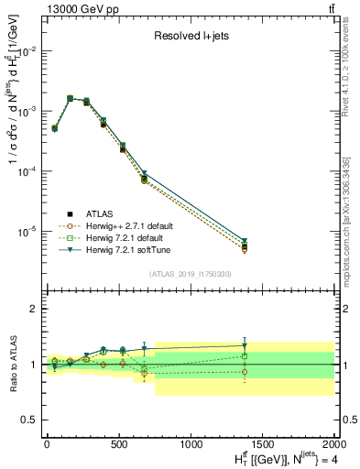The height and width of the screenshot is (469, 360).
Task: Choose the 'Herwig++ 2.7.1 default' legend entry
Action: tap(125, 225)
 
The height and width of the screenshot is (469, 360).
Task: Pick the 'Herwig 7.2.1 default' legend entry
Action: tap(122, 237)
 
